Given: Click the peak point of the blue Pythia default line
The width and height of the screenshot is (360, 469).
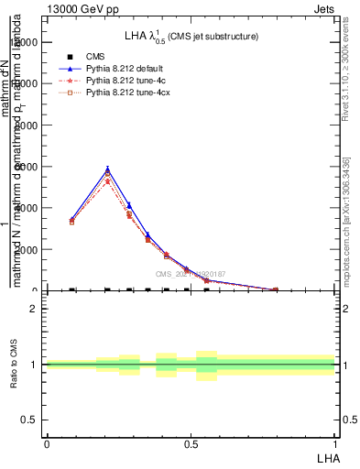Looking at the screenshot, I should (107, 169).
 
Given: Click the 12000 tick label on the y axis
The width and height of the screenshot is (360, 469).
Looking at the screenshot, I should (26, 41).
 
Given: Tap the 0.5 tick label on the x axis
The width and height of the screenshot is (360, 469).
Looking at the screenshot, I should (191, 444).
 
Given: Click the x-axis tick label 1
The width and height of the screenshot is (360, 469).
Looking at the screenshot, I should (334, 444).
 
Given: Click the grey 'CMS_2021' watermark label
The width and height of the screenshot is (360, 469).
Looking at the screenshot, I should (190, 273).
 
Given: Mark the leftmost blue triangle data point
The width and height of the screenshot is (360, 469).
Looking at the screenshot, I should (72, 220).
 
